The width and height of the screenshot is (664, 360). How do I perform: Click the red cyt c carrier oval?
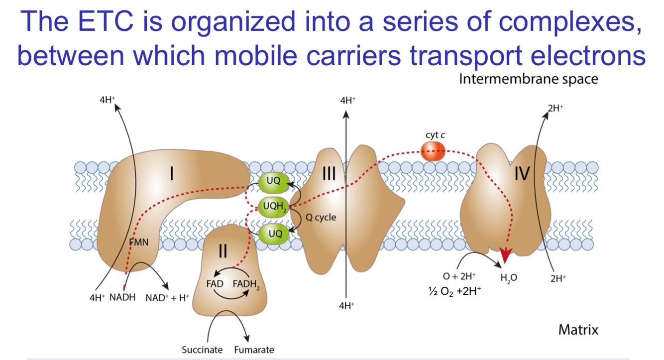coord(433,151)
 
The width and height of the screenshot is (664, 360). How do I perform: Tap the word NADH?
coord(122,298)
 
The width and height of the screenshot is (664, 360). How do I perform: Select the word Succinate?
coord(202,350)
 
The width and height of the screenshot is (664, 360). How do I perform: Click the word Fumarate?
coord(254,350)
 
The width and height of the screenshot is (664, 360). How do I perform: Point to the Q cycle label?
coord(321,218)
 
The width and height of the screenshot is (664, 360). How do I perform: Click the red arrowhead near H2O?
coord(505,256)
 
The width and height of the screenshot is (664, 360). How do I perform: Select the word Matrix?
coord(578,330)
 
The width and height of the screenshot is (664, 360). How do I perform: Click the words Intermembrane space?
coord(528,79)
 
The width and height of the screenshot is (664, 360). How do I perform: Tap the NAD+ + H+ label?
coord(167,298)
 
